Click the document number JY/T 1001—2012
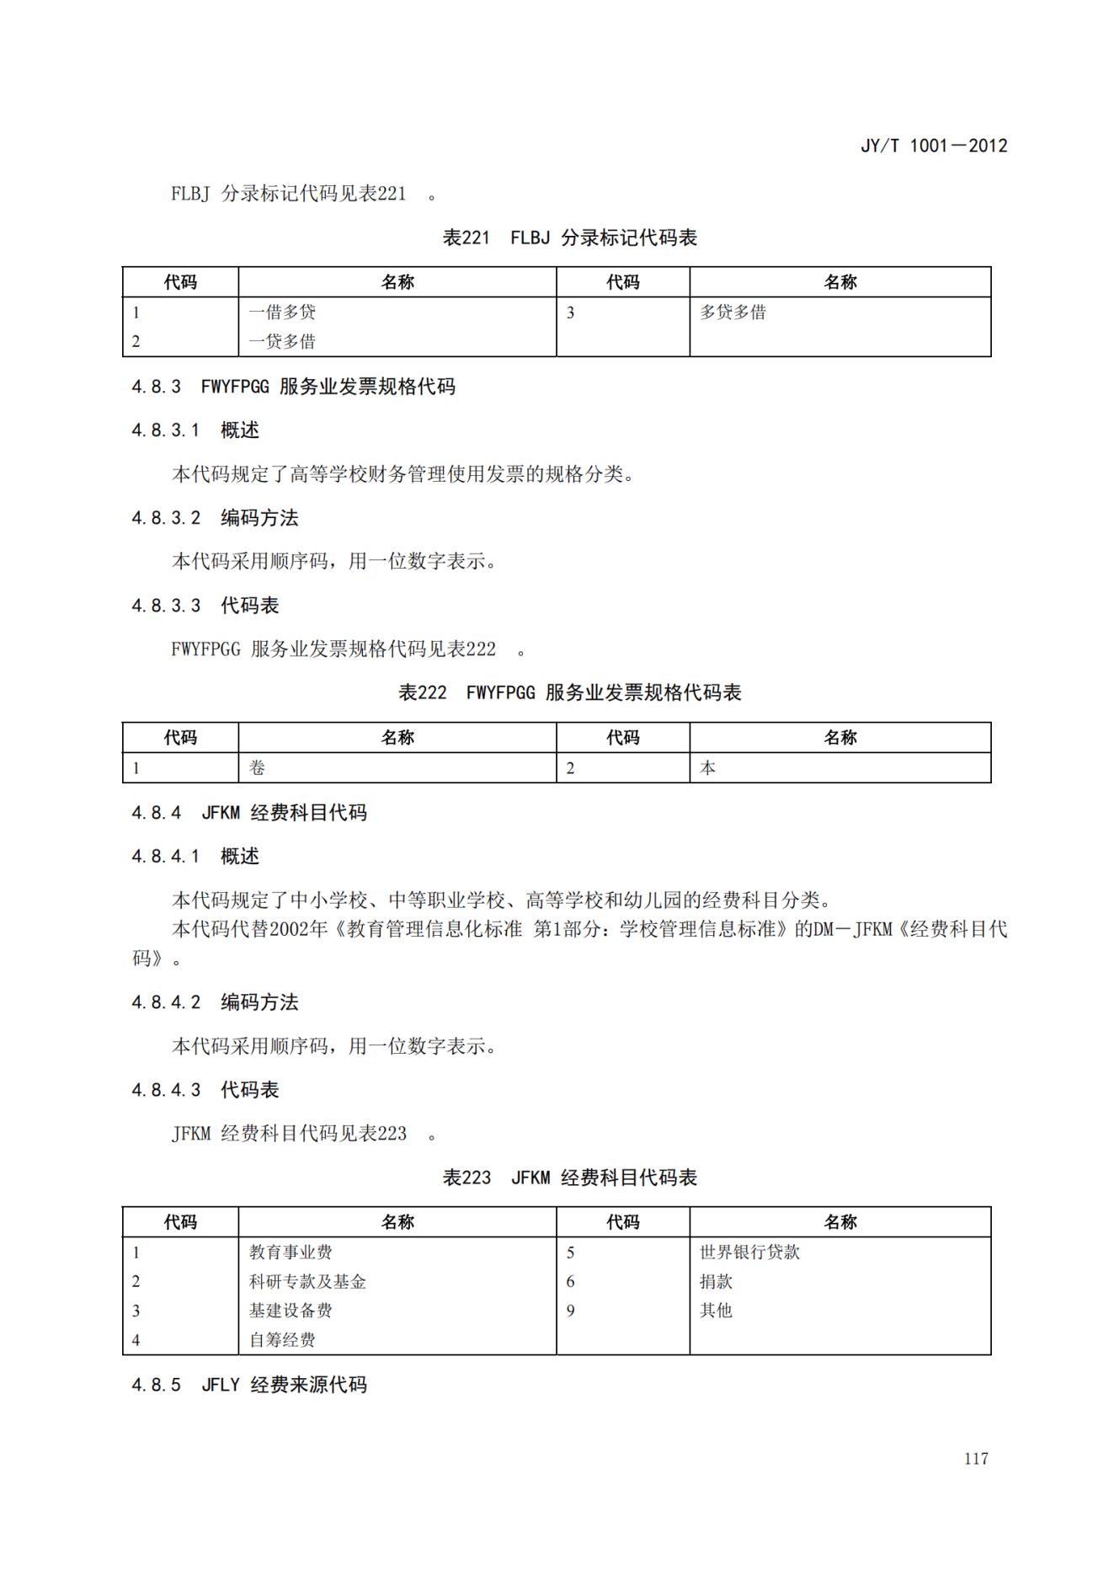933,146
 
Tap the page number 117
976,1458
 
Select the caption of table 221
569,238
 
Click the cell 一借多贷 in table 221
282,313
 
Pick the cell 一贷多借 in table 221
282,341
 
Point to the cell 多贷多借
733,313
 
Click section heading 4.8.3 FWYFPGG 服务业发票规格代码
293,387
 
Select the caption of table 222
569,692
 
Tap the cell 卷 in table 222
258,767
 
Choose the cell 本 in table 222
708,767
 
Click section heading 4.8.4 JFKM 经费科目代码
249,813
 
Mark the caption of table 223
569,1178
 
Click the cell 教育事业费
290,1253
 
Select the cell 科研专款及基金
307,1281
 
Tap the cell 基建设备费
290,1311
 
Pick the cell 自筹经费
282,1339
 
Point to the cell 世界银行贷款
749,1253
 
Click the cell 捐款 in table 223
716,1281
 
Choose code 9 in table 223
570,1311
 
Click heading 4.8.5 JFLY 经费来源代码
249,1385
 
